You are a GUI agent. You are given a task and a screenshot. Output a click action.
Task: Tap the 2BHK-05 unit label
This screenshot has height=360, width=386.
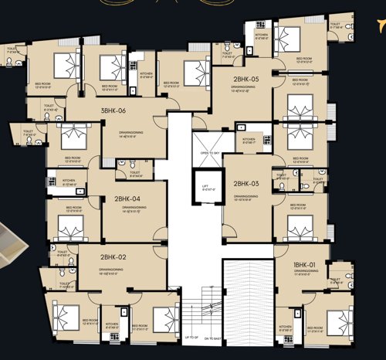pyautogui.click(x=244, y=79)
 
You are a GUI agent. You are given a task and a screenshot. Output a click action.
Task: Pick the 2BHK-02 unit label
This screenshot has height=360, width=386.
pyautogui.click(x=113, y=256)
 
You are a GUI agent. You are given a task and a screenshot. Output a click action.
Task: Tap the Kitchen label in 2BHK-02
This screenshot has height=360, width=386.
pyautogui.click(x=112, y=325)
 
